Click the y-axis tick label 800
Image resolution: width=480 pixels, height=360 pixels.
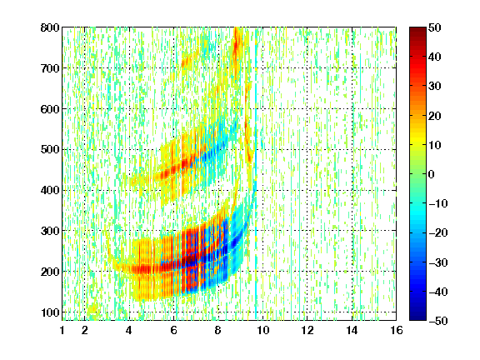click(x=50, y=27)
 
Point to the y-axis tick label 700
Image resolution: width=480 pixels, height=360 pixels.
click(x=50, y=68)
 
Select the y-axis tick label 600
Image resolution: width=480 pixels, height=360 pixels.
click(x=50, y=109)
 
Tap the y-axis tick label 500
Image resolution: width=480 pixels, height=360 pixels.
click(x=50, y=150)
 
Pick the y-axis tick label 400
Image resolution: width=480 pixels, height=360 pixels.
click(x=50, y=190)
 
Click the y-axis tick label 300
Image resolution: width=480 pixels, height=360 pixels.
click(x=50, y=231)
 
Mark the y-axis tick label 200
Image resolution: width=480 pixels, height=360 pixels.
click(x=50, y=272)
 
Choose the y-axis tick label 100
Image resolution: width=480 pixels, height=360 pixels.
click(x=50, y=312)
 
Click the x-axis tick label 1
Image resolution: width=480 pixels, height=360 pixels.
click(x=62, y=330)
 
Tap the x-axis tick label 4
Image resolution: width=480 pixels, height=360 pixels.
click(x=129, y=330)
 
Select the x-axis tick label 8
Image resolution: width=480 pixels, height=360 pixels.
click(x=218, y=330)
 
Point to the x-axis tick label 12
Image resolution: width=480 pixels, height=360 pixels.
click(x=307, y=330)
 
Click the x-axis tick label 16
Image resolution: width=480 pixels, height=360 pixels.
click(x=397, y=330)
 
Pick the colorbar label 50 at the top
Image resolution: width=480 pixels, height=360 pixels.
click(x=435, y=27)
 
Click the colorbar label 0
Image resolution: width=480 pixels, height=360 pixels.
click(x=432, y=174)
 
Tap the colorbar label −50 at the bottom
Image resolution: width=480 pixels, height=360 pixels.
click(x=438, y=321)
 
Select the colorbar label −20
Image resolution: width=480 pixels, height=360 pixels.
click(x=438, y=233)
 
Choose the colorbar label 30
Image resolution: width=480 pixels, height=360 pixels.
click(x=435, y=87)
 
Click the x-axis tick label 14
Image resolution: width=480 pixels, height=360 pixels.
click(x=352, y=330)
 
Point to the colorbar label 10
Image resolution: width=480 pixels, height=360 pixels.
click(x=435, y=145)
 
